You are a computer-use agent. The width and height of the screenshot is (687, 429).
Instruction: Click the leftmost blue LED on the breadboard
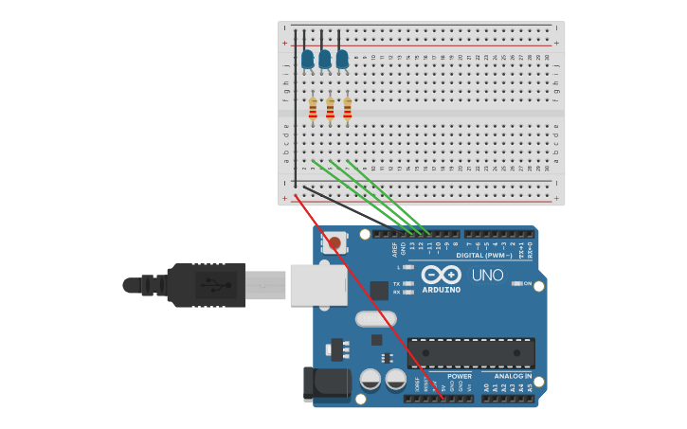[307, 60]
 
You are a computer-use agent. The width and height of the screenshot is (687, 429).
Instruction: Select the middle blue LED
[325, 60]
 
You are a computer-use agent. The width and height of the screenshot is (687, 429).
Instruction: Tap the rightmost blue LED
[342, 60]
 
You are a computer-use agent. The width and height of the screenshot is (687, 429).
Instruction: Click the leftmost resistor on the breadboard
[313, 110]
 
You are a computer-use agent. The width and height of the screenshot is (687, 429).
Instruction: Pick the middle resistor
[330, 110]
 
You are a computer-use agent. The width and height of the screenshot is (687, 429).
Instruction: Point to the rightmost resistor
[347, 110]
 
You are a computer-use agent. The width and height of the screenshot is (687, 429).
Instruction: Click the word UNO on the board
[487, 276]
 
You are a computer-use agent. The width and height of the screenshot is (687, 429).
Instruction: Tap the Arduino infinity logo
[441, 275]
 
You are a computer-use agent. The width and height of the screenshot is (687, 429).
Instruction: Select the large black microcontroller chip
[471, 352]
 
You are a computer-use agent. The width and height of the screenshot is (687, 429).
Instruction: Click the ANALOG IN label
[513, 376]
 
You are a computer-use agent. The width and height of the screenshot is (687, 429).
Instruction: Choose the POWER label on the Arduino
[460, 376]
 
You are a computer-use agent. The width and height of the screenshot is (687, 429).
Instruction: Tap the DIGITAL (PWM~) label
[483, 255]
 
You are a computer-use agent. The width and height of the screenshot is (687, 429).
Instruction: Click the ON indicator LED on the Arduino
[517, 283]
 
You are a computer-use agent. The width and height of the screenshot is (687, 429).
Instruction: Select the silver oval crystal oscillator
[376, 319]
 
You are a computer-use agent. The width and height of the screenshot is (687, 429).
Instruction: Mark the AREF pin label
[395, 249]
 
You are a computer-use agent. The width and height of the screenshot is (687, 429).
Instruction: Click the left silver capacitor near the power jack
[371, 380]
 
